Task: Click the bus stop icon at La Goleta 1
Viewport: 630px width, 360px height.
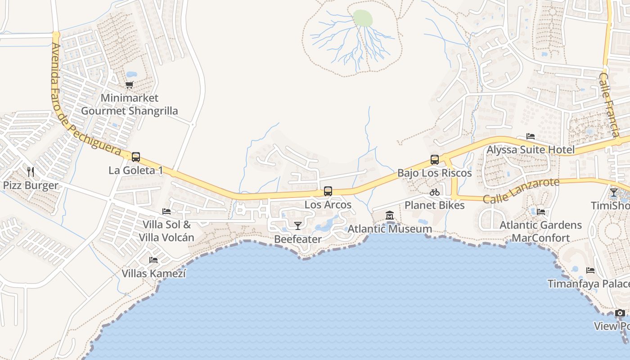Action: [x=135, y=157]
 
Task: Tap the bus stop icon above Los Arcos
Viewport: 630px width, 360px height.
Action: [x=328, y=191]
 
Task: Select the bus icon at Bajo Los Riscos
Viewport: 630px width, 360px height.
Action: [x=435, y=160]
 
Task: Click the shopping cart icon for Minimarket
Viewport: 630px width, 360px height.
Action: [x=130, y=85]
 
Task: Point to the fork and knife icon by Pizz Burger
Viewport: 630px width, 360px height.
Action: [x=31, y=172]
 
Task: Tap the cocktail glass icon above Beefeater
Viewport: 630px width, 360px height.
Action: [x=297, y=225]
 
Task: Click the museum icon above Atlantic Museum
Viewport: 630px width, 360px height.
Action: [x=390, y=216]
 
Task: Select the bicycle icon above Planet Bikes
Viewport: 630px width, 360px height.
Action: [x=435, y=192]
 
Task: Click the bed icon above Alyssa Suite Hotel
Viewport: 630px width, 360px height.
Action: [x=531, y=136]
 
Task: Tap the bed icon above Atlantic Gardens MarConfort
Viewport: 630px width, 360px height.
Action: [x=541, y=211]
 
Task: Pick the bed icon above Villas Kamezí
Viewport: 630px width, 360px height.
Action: [x=153, y=260]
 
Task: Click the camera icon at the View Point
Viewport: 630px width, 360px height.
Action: [x=620, y=313]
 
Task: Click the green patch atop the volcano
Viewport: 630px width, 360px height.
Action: [x=363, y=18]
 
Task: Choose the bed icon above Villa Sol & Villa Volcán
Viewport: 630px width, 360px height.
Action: [x=166, y=211]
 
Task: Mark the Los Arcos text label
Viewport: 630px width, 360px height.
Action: [x=328, y=205]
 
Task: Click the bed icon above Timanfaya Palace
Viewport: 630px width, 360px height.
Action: [x=590, y=270]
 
